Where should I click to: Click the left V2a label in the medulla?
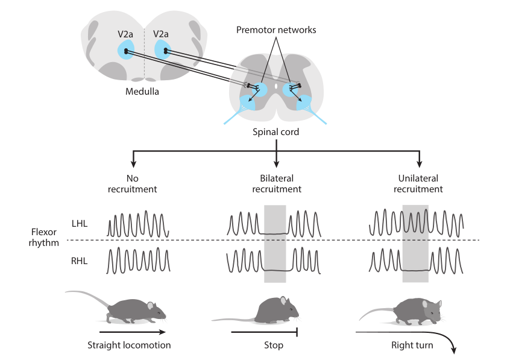[125, 34]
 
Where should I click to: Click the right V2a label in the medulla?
[161, 34]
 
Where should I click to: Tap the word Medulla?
[143, 92]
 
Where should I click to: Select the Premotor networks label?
[276, 30]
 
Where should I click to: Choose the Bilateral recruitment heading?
[276, 184]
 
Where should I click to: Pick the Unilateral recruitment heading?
[418, 184]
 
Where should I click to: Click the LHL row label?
[79, 224]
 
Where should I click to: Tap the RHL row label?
[79, 261]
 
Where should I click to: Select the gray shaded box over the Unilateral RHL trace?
[415, 259]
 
